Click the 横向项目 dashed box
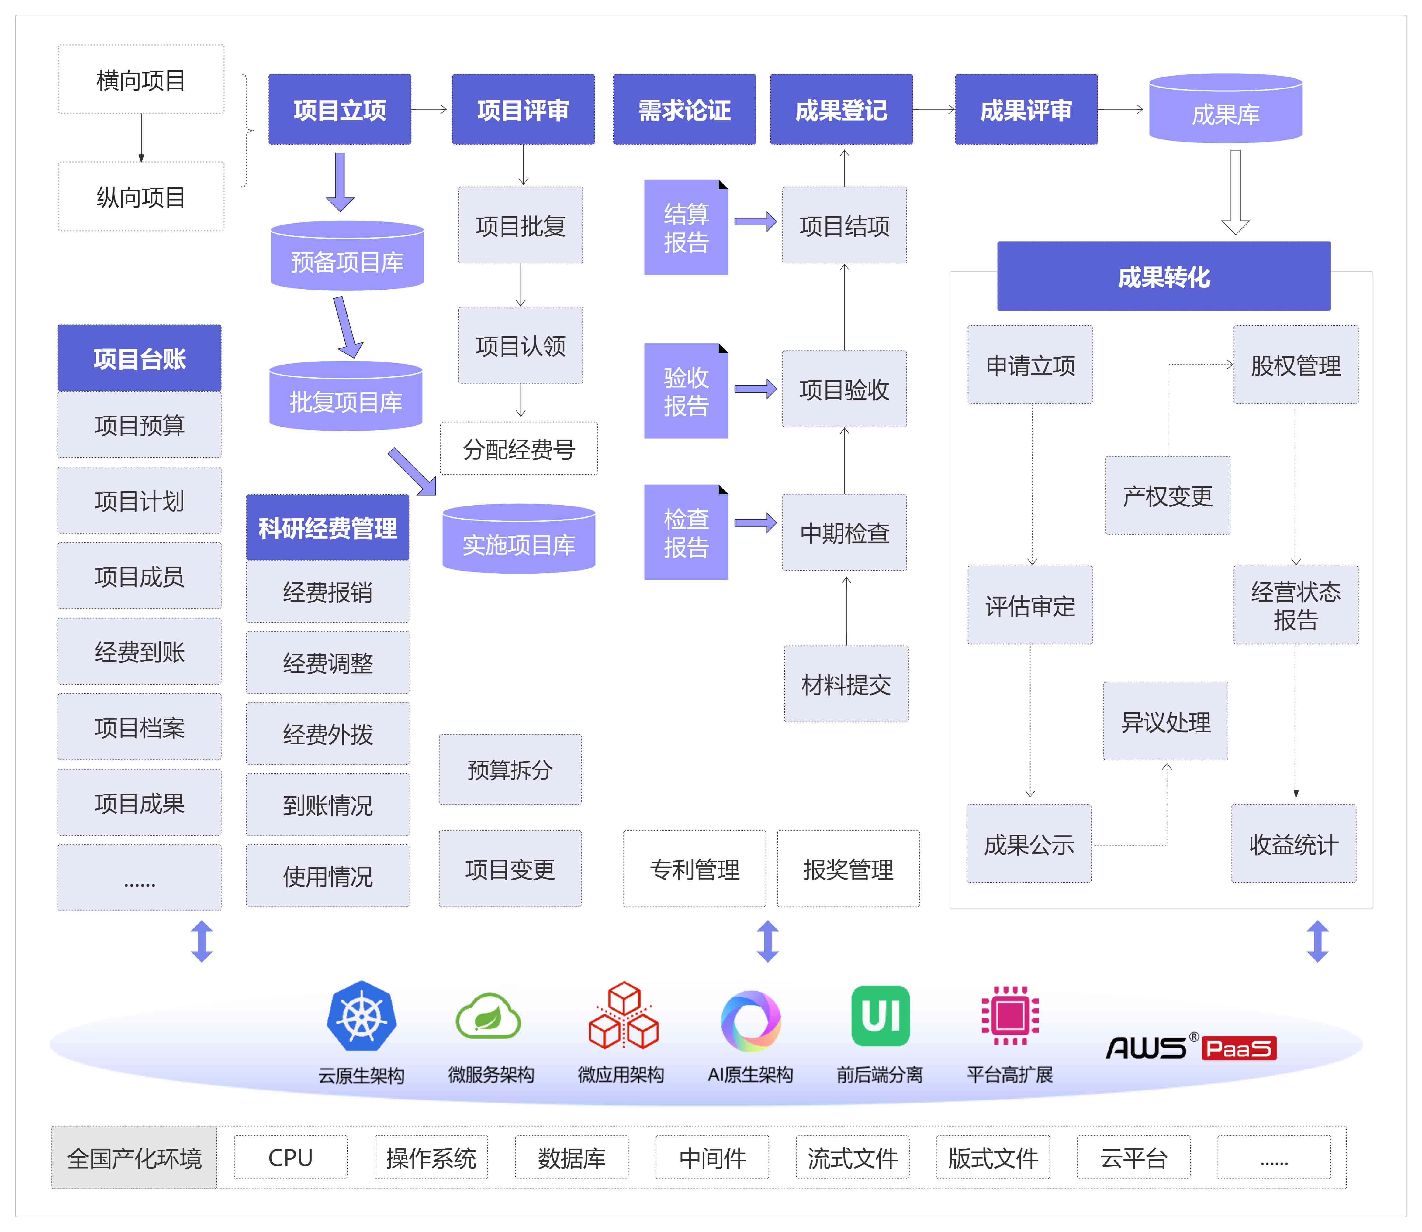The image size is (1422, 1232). [141, 80]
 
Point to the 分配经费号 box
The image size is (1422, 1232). [519, 449]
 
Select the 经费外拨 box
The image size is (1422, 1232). [327, 733]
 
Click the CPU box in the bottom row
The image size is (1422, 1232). [290, 1158]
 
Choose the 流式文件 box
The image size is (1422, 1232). [852, 1158]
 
